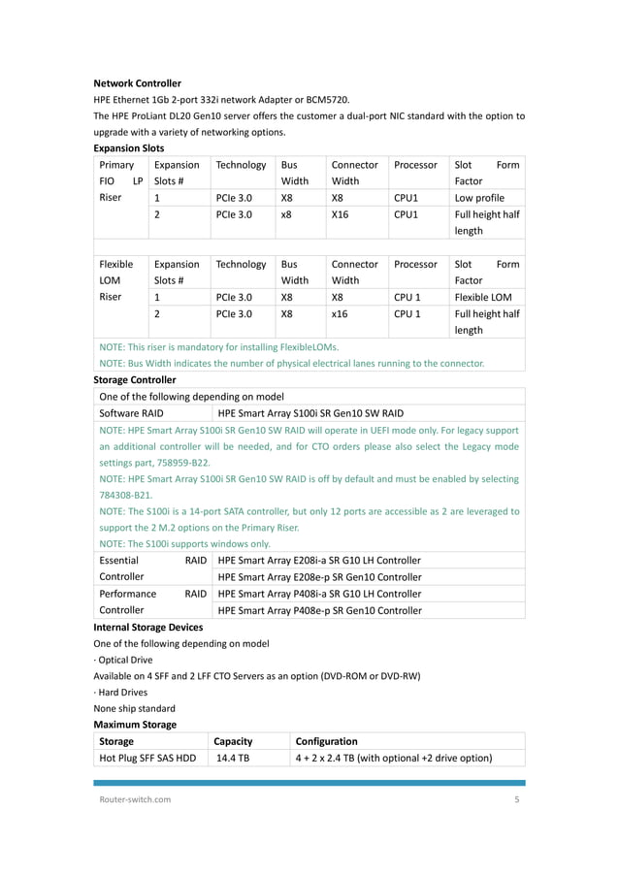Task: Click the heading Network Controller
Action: [137, 83]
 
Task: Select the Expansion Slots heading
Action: [128, 148]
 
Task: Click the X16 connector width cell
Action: [341, 214]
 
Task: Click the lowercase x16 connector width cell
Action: [341, 313]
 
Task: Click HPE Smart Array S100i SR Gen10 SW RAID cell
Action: [310, 412]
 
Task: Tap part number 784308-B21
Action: [126, 495]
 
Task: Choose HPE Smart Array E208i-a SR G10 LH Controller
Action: [320, 561]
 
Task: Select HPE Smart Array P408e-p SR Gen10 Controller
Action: [320, 610]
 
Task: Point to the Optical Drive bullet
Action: [123, 660]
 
